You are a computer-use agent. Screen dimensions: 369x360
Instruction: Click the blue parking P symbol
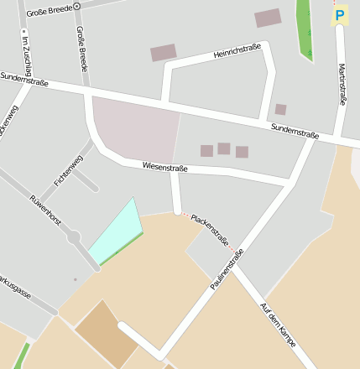(339, 15)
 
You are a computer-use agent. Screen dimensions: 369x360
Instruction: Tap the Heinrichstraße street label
(237, 51)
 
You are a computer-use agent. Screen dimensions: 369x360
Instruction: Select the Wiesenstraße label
(164, 168)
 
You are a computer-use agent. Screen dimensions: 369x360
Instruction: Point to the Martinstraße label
(342, 84)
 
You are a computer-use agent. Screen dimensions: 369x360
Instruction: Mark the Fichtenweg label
(68, 170)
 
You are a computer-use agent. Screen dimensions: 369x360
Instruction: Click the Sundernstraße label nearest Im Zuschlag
(24, 80)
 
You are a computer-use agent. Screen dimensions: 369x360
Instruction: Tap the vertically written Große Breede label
(81, 47)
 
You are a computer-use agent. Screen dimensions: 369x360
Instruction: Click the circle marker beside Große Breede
(77, 6)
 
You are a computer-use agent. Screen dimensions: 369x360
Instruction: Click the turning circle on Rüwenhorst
(74, 237)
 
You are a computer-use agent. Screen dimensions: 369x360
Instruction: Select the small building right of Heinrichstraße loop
(280, 109)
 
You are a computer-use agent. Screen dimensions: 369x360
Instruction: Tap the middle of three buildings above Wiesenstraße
(224, 148)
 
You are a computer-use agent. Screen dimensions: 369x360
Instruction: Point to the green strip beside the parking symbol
(304, 29)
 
